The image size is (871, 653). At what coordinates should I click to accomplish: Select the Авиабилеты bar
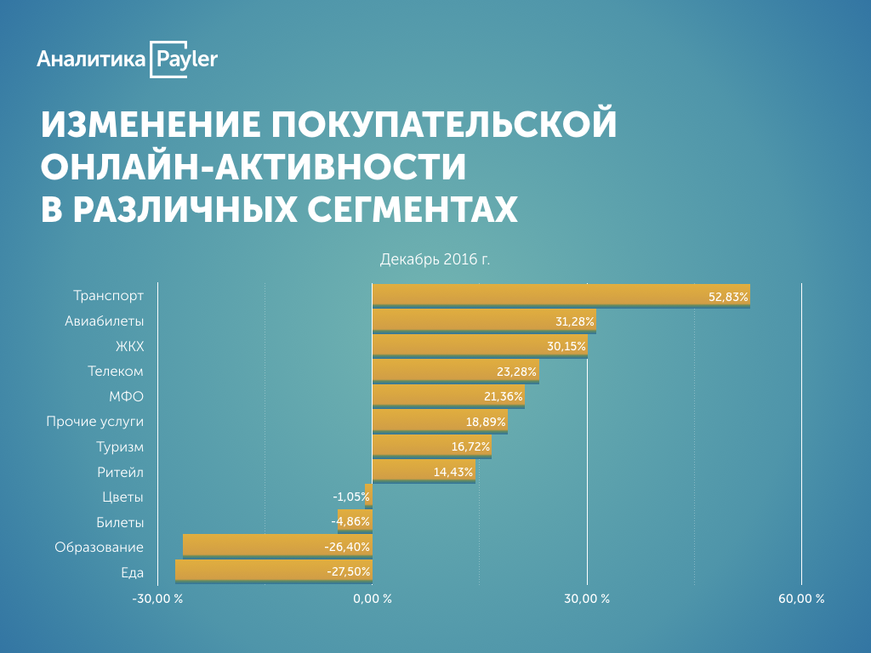click(484, 321)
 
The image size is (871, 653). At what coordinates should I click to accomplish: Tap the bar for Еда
click(273, 571)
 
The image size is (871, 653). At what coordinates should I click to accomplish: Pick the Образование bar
click(277, 546)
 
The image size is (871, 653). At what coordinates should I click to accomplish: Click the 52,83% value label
click(728, 297)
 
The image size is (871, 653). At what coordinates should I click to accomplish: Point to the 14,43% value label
click(453, 472)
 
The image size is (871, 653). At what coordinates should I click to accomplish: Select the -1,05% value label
click(350, 497)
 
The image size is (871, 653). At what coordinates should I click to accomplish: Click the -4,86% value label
click(350, 522)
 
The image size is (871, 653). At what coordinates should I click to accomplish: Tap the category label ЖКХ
click(129, 346)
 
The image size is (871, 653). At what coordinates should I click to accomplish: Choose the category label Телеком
click(116, 372)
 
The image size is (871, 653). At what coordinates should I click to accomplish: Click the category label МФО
click(127, 396)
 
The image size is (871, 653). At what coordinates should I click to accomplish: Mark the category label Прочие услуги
click(94, 421)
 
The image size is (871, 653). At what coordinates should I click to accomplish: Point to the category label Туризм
click(120, 446)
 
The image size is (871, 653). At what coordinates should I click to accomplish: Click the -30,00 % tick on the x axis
click(157, 599)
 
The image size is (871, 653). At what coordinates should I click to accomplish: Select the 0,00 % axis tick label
click(372, 599)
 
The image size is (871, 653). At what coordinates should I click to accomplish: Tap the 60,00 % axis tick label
click(801, 599)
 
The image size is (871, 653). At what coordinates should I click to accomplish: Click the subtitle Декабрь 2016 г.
click(435, 258)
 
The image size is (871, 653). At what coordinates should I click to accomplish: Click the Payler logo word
click(186, 59)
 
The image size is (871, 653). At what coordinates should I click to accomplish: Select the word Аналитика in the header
click(90, 60)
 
